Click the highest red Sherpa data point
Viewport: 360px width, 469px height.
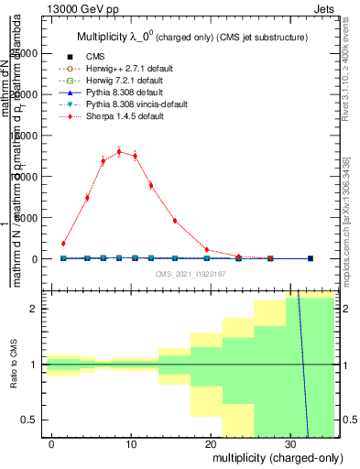coord(119,152)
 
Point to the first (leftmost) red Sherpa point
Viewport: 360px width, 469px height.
coord(63,244)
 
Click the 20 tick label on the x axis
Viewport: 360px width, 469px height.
coord(211,442)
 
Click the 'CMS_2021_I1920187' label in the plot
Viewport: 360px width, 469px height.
coord(191,274)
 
